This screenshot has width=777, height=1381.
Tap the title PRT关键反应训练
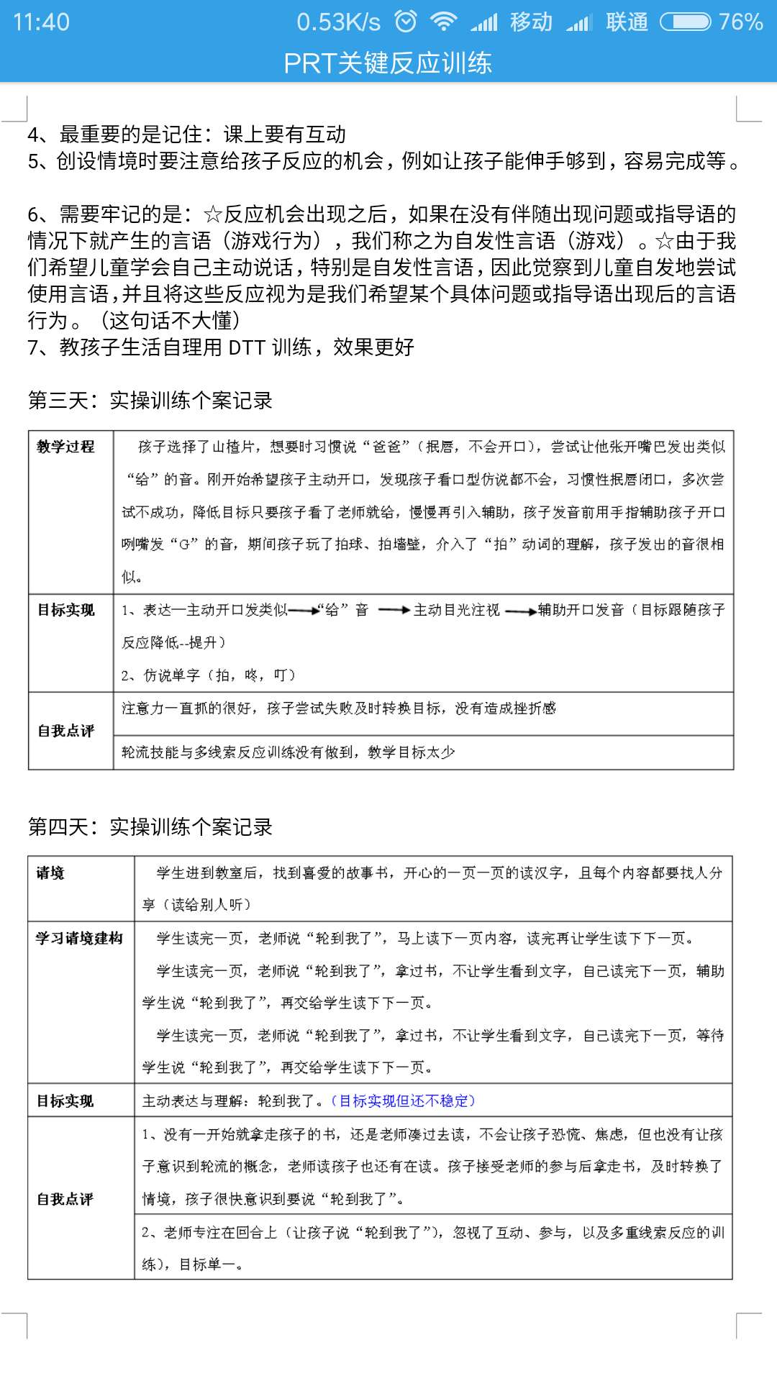(388, 63)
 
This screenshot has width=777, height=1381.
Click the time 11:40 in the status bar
(41, 22)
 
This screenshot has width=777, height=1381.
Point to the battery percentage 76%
(740, 22)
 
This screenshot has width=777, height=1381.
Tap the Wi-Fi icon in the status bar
(443, 22)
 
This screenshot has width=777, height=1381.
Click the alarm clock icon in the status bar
(406, 22)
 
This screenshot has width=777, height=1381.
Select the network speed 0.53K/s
(338, 22)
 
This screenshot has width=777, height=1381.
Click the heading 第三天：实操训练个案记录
(150, 401)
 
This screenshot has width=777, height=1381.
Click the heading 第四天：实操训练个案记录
(150, 827)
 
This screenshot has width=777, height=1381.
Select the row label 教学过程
(66, 447)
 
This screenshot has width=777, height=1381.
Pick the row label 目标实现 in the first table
(66, 610)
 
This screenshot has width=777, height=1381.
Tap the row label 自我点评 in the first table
(66, 731)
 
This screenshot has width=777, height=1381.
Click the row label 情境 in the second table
(50, 873)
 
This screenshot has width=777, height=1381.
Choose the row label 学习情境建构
(79, 938)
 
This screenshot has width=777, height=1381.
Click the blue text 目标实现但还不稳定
(403, 1100)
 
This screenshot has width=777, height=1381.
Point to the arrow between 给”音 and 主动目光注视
(394, 611)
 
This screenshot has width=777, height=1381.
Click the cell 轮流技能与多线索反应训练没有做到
(288, 752)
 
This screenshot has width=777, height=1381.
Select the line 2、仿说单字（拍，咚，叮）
(209, 675)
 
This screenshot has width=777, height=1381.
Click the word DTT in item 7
(247, 347)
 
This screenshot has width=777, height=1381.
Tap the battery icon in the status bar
(685, 22)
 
